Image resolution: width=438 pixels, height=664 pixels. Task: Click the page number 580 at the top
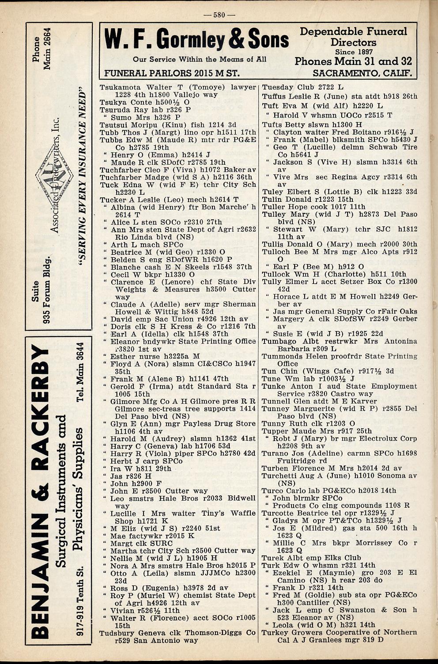(x=219, y=15)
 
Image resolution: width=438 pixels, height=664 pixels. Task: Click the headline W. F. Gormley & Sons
(x=196, y=40)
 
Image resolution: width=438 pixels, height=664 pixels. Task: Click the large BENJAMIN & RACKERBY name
(x=43, y=490)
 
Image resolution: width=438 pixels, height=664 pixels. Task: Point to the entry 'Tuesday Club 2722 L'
(x=302, y=87)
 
